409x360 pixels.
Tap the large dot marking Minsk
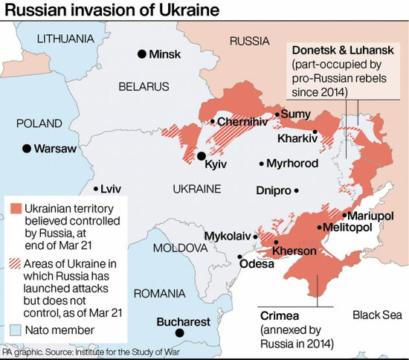(x=141, y=54)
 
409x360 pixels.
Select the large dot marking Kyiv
(x=202, y=155)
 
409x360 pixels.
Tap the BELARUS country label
(x=145, y=87)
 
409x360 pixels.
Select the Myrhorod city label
(x=293, y=164)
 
